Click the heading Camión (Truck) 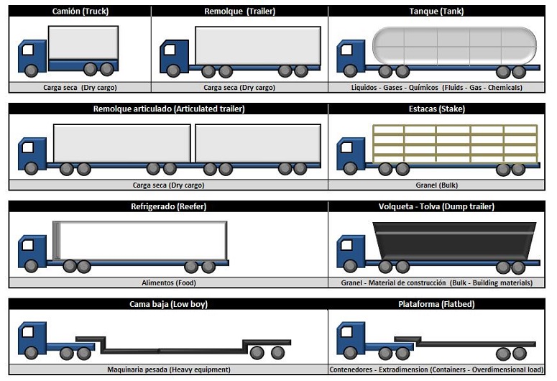pyautogui.click(x=80, y=11)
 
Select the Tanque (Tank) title pyautogui.click(x=436, y=11)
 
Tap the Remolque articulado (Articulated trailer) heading pyautogui.click(x=169, y=109)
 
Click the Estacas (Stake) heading pyautogui.click(x=436, y=109)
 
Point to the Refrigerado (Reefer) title pyautogui.click(x=168, y=206)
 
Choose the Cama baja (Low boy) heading pyautogui.click(x=168, y=304)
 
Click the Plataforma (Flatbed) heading pyautogui.click(x=436, y=304)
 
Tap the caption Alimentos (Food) pyautogui.click(x=169, y=283)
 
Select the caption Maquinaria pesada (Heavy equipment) pyautogui.click(x=169, y=369)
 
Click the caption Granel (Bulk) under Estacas pyautogui.click(x=436, y=185)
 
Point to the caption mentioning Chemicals pyautogui.click(x=436, y=88)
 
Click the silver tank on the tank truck pyautogui.click(x=454, y=46)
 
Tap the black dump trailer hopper pyautogui.click(x=454, y=241)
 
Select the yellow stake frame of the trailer pyautogui.click(x=455, y=144)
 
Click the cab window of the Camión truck pyautogui.click(x=28, y=50)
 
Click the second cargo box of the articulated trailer pyautogui.click(x=258, y=143)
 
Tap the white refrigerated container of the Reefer pyautogui.click(x=140, y=241)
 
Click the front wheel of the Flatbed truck pyautogui.click(x=350, y=353)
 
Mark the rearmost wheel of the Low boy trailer pyautogui.click(x=278, y=353)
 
